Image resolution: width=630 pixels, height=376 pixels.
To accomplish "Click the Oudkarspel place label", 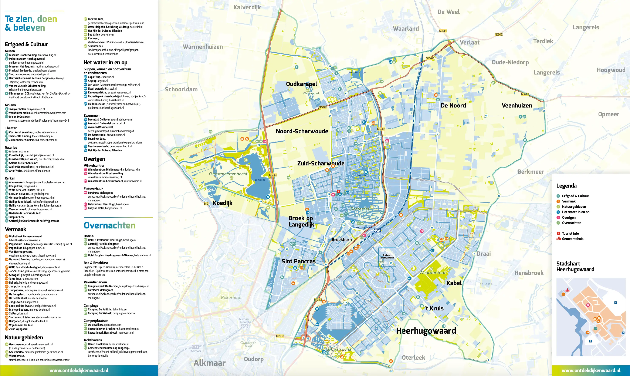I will (x=301, y=84).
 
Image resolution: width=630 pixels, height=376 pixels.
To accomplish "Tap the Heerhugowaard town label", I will (x=426, y=331).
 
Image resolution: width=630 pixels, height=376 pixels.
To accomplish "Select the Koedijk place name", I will (x=222, y=203).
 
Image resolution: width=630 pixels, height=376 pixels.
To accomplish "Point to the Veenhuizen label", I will (x=517, y=105).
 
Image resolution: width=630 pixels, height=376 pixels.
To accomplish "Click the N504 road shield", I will (x=322, y=107).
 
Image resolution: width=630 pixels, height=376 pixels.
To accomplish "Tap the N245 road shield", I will (x=273, y=175).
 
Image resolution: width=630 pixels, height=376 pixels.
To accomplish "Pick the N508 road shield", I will (x=280, y=336).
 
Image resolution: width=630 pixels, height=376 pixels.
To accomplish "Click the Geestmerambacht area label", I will (x=228, y=174).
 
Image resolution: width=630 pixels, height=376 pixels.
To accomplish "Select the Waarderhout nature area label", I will (x=433, y=273).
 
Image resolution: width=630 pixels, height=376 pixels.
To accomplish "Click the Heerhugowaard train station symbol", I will (x=377, y=231).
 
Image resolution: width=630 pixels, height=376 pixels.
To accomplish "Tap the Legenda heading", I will (x=566, y=186).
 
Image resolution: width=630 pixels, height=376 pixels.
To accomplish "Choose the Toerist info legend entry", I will (x=570, y=233).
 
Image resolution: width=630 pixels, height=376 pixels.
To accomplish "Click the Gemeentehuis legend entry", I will (x=572, y=239).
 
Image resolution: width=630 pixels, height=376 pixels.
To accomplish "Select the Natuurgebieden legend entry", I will (x=574, y=207).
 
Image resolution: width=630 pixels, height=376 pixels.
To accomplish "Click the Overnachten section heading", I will (x=109, y=225).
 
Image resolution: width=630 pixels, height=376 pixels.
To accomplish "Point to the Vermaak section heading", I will (x=16, y=229).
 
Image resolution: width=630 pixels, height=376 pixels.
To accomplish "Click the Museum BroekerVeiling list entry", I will (x=23, y=55).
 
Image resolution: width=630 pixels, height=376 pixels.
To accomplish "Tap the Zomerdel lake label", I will (x=260, y=180).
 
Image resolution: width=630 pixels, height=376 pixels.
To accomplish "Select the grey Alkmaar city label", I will (x=209, y=363).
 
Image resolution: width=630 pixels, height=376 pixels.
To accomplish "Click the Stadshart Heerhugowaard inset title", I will (x=575, y=266).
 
